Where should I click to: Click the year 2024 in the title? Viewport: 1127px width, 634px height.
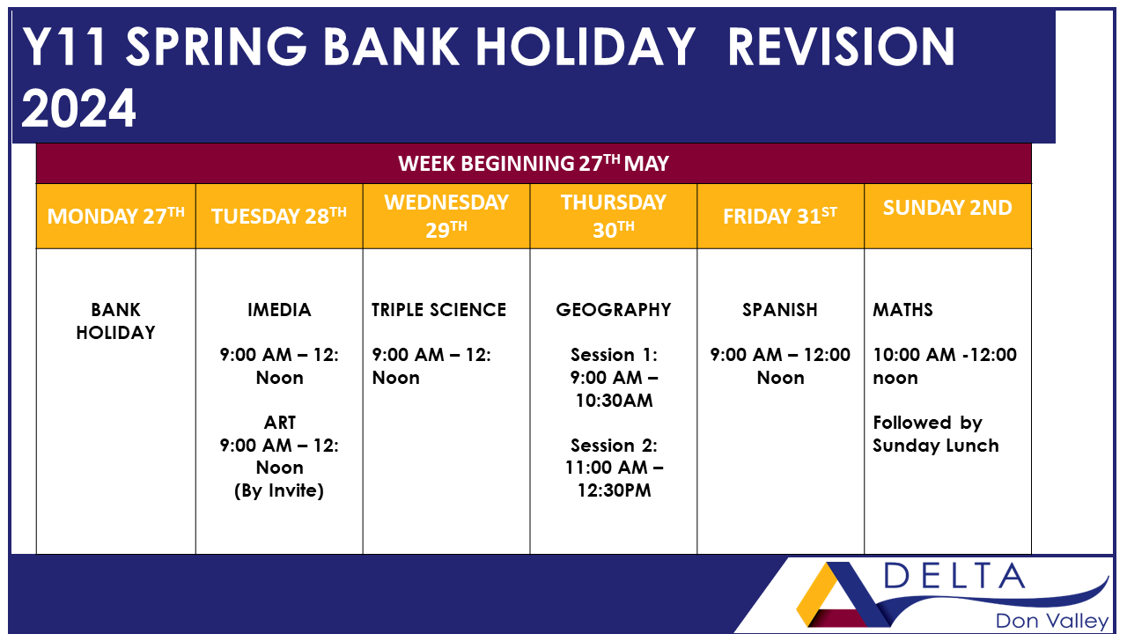click(x=79, y=108)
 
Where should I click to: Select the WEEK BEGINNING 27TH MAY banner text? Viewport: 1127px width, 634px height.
click(x=534, y=163)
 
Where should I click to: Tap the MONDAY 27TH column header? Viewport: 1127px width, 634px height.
click(x=116, y=217)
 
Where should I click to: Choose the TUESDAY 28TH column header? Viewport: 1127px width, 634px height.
click(x=279, y=217)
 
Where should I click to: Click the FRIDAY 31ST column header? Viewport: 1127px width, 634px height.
click(x=780, y=217)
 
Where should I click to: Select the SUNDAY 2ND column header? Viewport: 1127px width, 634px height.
click(x=947, y=208)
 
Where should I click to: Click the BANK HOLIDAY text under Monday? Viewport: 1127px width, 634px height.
click(x=115, y=321)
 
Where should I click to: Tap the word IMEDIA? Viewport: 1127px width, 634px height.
click(x=279, y=310)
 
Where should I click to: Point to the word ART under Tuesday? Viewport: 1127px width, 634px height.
click(x=279, y=423)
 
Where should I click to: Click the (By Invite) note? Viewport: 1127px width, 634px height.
click(x=279, y=490)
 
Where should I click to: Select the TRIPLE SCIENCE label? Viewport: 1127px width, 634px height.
click(x=438, y=310)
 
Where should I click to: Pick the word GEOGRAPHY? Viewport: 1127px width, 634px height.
click(x=614, y=310)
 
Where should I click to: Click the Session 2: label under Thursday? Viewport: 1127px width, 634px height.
click(x=614, y=446)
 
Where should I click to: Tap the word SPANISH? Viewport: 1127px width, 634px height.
click(x=780, y=310)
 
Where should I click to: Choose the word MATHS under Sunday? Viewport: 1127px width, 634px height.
click(x=902, y=310)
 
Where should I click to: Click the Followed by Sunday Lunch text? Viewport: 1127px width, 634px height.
click(x=935, y=434)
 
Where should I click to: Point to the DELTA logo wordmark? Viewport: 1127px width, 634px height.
click(x=954, y=577)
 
